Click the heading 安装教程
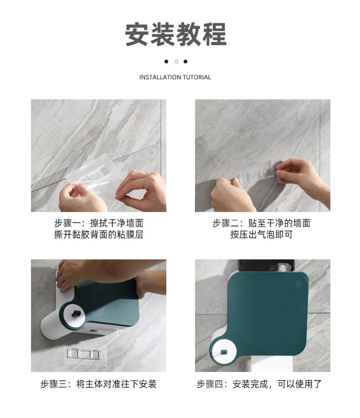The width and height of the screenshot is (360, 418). point(176,34)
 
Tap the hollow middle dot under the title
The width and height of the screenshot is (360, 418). point(176,62)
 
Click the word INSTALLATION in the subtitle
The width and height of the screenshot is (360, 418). point(157,77)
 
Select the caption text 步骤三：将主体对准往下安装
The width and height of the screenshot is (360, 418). point(98,384)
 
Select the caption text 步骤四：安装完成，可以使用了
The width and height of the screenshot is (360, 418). point(259,384)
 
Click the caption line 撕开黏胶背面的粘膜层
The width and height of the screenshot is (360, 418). point(99,234)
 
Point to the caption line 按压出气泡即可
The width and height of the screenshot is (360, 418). point(262,234)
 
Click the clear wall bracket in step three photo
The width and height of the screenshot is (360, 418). point(84,354)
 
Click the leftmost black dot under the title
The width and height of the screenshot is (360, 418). point(166,62)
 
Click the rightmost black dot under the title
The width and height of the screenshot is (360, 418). point(186,62)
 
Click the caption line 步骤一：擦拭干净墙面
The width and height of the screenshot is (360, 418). point(99,223)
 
